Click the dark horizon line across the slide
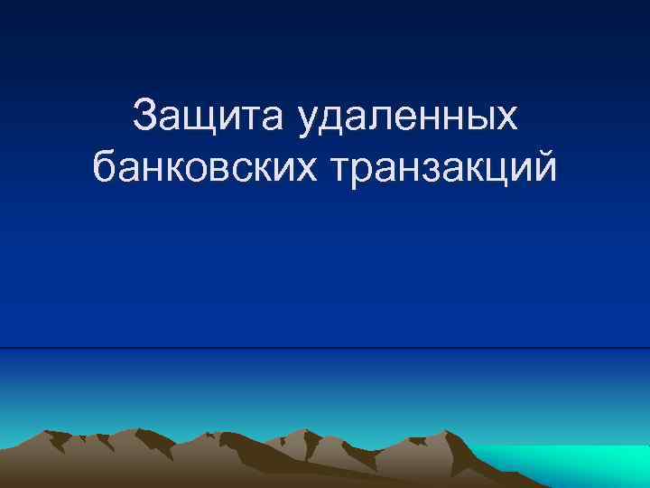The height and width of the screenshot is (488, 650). (325, 348)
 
